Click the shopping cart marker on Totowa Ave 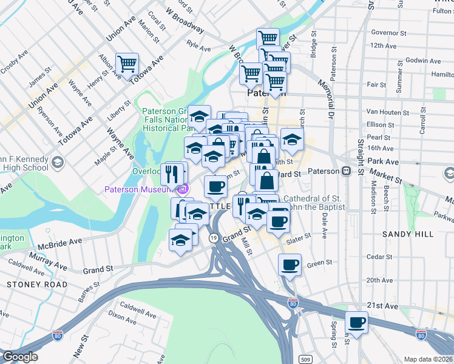point(127,64)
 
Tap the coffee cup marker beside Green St point(290,265)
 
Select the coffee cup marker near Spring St point(357,322)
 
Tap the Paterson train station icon point(346,171)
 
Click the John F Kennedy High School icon point(56,162)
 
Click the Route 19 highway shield point(214,238)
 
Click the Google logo point(20,357)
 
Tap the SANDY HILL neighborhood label point(408,234)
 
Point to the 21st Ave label point(382,306)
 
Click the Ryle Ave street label point(198,45)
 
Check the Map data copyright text point(427,359)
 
